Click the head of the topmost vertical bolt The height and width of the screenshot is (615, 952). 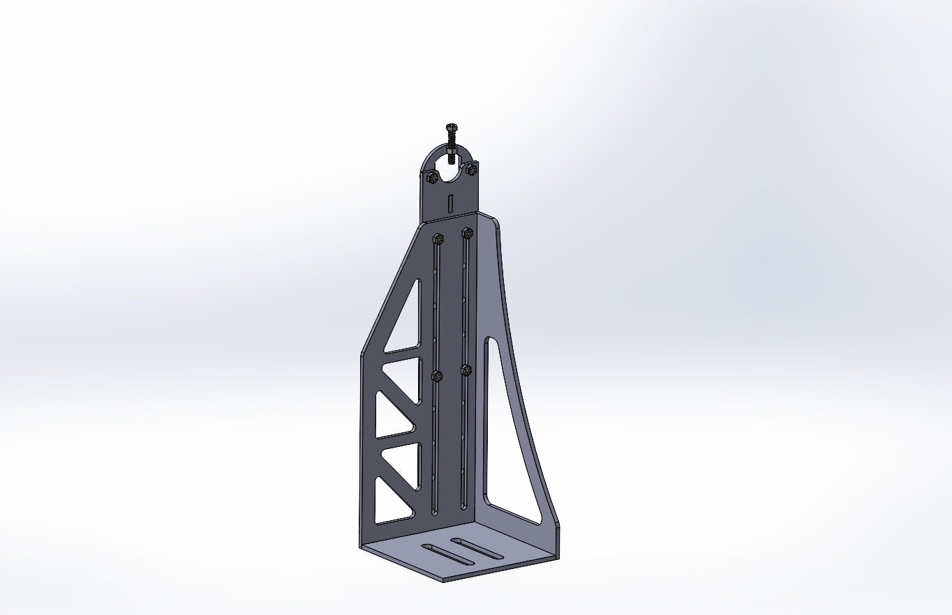click(451, 127)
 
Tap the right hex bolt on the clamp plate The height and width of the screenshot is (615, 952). click(472, 169)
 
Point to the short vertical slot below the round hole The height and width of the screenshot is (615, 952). click(451, 202)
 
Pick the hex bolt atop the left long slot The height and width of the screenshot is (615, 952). click(438, 238)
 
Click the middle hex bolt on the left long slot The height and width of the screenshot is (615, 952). click(437, 377)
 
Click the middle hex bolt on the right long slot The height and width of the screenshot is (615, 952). click(466, 370)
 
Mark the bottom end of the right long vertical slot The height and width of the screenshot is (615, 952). click(463, 506)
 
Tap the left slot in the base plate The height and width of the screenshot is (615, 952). click(447, 555)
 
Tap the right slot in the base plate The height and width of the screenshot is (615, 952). click(477, 548)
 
